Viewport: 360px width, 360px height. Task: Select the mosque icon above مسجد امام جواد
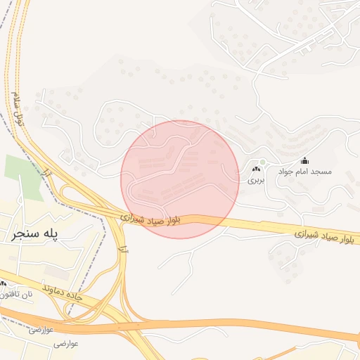(304, 160)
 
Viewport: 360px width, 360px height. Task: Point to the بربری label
(256, 180)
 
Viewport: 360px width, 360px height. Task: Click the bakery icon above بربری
(256, 169)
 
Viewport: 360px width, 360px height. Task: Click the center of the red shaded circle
(180, 179)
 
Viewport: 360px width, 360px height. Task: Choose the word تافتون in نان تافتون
(8, 295)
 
